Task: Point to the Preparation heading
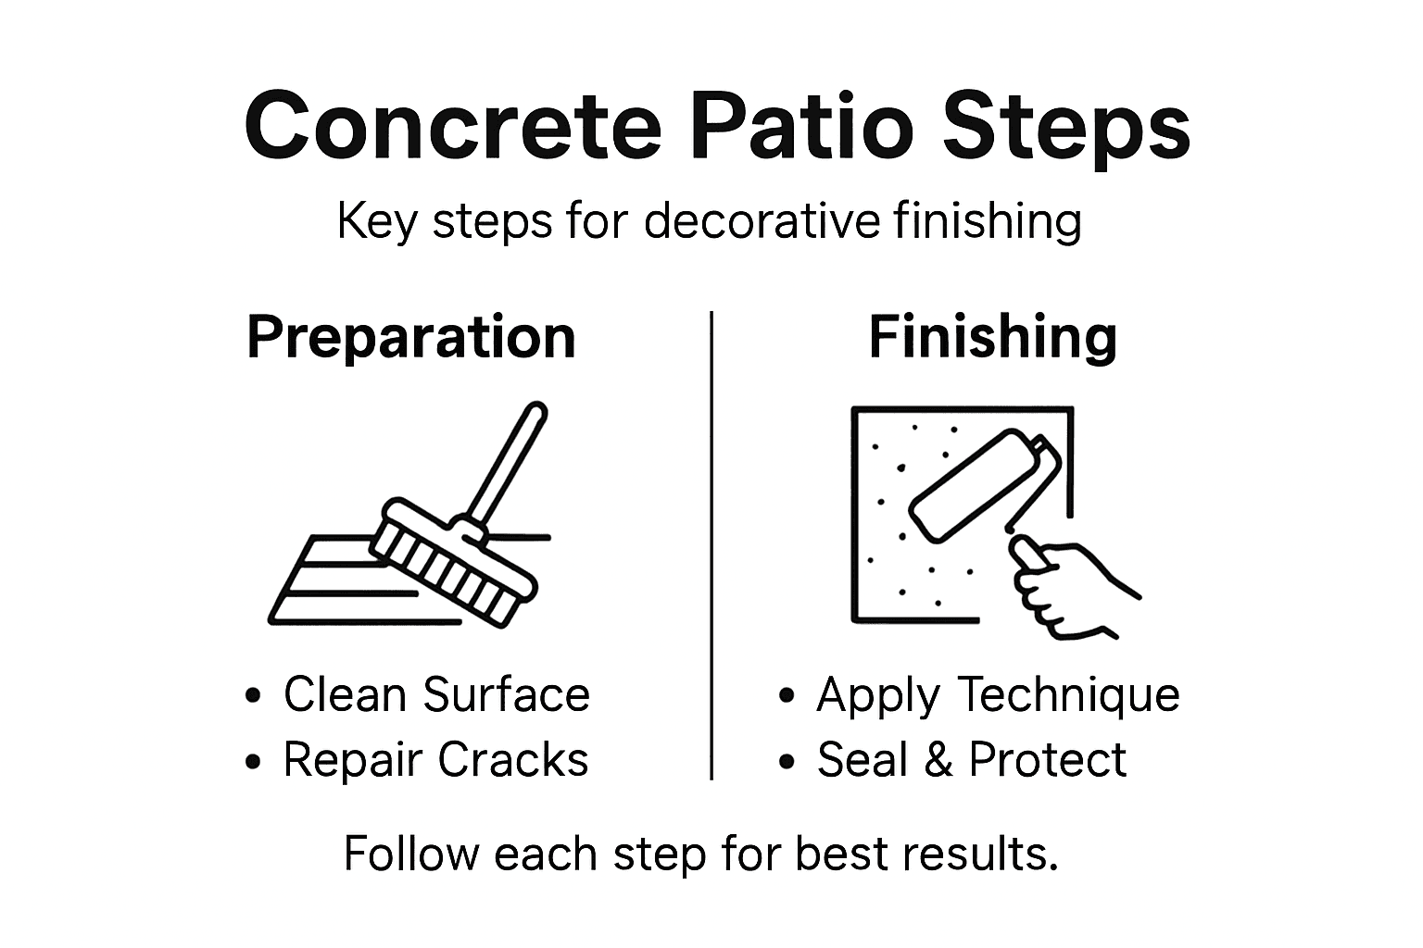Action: point(411,337)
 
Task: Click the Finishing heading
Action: point(992,337)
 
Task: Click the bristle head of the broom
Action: point(454,565)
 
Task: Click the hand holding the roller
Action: point(1065,588)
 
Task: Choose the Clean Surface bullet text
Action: point(436,694)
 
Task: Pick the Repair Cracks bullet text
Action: point(435,760)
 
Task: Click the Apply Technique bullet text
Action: point(998,694)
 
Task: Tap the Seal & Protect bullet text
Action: point(971,760)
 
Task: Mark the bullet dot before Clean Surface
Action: point(253,696)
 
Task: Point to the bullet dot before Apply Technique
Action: point(787,696)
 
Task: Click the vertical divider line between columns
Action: point(711,546)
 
